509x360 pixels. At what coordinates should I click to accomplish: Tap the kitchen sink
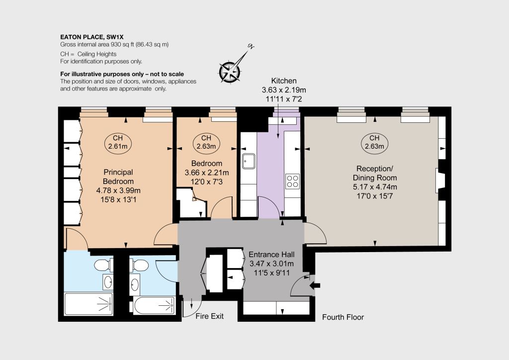249,161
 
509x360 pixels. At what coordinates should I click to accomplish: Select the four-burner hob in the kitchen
292,181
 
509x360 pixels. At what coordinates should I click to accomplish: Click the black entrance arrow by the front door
315,285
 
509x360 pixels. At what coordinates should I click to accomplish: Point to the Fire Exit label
209,316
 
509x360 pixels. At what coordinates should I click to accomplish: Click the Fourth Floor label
343,317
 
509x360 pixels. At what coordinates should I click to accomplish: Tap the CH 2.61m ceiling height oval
118,143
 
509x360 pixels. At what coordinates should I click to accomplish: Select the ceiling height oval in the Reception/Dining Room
374,143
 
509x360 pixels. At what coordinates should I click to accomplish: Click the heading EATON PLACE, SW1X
92,37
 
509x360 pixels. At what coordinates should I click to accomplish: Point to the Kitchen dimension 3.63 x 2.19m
284,90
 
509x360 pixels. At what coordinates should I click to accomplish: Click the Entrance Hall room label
271,255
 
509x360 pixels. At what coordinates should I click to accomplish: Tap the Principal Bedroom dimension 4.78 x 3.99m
118,190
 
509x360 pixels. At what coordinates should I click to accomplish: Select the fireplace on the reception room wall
439,180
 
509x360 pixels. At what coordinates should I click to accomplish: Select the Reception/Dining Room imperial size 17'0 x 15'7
375,196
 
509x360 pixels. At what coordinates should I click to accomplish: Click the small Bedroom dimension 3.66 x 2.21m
206,173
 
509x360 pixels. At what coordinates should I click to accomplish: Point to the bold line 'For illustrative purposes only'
122,74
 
